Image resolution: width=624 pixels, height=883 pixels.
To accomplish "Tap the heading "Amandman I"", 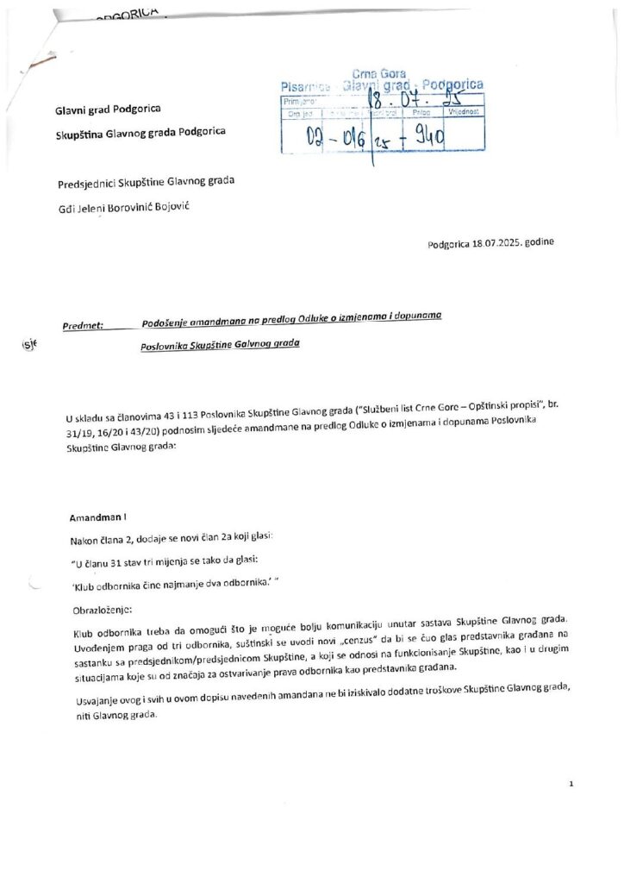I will tap(97, 518).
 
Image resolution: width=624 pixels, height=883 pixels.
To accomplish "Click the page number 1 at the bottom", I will tap(571, 783).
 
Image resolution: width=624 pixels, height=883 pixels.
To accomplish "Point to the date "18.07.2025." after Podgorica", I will tap(497, 243).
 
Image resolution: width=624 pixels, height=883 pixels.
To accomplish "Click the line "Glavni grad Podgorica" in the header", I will tap(108, 110).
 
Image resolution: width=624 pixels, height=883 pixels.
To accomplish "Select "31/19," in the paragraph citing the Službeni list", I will tap(80, 432).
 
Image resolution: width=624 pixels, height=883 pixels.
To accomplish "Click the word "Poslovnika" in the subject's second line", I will tap(164, 345).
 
